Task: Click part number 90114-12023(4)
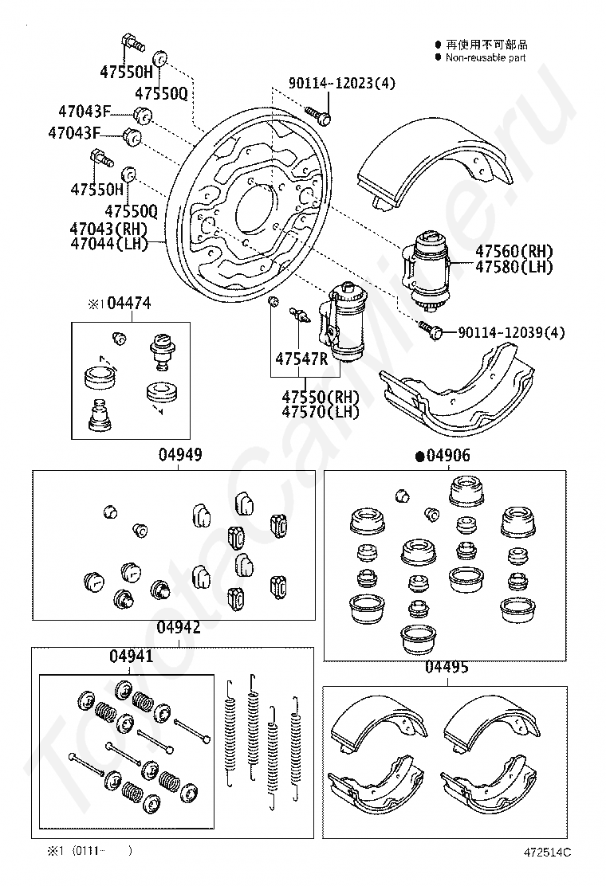[341, 83]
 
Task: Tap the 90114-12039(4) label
[510, 332]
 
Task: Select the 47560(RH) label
[514, 252]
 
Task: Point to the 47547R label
[301, 359]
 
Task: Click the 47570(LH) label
[321, 411]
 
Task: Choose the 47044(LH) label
[108, 244]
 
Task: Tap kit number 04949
[179, 454]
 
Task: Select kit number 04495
[447, 668]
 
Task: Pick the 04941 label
[131, 656]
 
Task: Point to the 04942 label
[179, 627]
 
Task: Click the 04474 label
[129, 304]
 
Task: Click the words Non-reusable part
[486, 57]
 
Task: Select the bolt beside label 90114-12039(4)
[431, 330]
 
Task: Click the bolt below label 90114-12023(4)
[317, 115]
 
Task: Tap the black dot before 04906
[420, 457]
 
